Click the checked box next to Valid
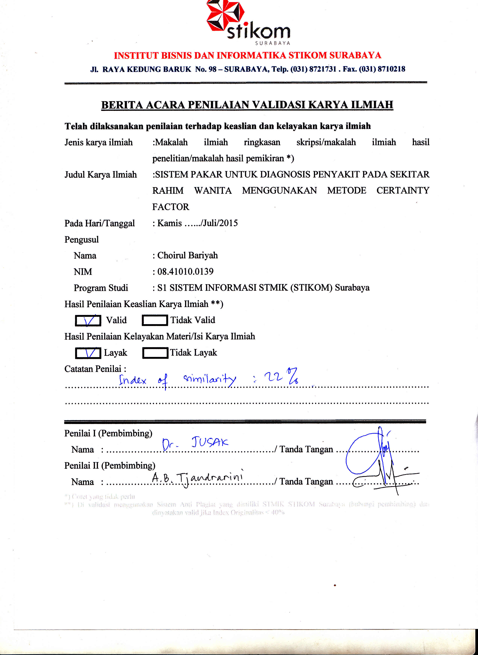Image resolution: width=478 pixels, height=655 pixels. (x=88, y=320)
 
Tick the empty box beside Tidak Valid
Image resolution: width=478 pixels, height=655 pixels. (x=155, y=320)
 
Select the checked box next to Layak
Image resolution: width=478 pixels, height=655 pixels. (x=88, y=353)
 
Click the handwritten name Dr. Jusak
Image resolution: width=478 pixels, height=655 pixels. (x=195, y=443)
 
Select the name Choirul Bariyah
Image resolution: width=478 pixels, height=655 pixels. (x=187, y=255)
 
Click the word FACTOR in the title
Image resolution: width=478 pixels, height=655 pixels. (x=170, y=207)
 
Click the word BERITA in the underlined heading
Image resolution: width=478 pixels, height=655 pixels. (x=122, y=105)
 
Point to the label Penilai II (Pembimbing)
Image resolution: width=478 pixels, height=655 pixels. (x=110, y=465)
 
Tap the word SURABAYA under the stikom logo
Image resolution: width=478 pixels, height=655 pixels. (x=273, y=43)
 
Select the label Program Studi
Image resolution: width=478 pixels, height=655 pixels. (x=101, y=288)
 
